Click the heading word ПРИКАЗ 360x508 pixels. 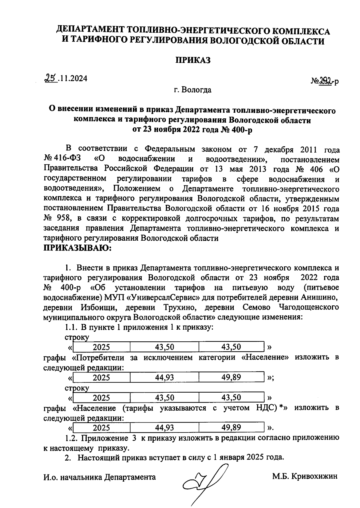point(193,60)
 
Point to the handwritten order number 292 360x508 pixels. point(327,80)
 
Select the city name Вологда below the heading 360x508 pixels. point(196,90)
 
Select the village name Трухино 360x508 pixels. point(180,307)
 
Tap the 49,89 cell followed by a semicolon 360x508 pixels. point(231,377)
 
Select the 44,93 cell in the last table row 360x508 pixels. point(164,427)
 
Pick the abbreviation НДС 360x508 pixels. point(266,408)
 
